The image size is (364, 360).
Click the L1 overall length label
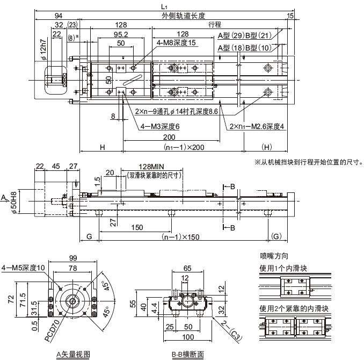164,5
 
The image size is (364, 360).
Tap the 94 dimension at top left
58,16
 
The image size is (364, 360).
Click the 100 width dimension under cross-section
188,337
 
